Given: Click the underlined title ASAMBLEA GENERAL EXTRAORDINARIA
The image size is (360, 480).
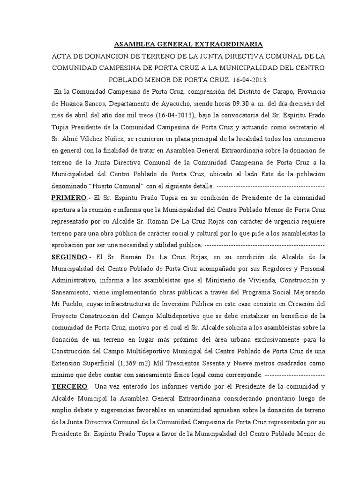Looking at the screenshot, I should (x=189, y=45).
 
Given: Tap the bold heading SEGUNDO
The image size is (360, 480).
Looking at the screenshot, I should (x=69, y=257).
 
